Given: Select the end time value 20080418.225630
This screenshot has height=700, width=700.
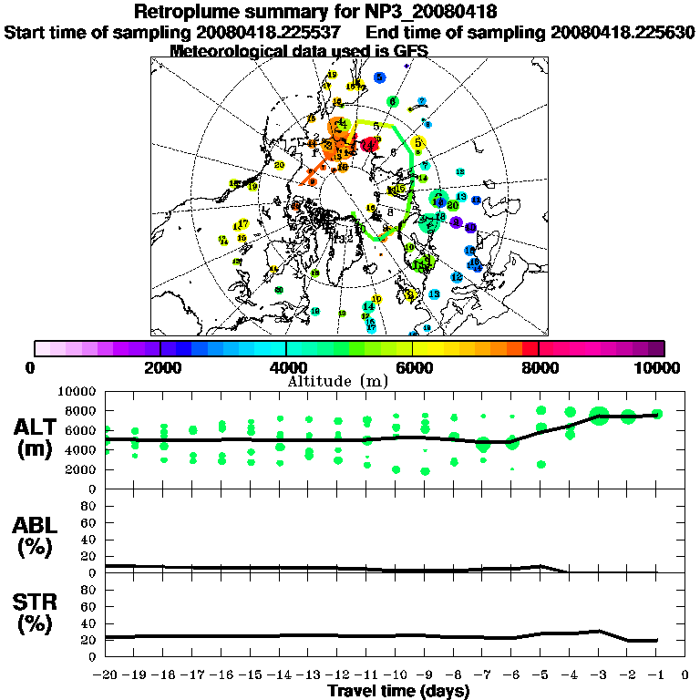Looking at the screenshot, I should click(623, 32).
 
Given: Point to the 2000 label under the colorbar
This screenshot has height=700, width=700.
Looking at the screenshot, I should click(160, 367).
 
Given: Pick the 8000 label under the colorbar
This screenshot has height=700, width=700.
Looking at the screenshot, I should click(539, 367).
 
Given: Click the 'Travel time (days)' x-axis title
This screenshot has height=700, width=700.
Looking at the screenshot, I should click(398, 691).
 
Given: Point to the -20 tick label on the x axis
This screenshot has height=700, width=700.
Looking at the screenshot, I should click(106, 675).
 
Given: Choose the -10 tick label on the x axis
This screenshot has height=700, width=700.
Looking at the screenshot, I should click(395, 675).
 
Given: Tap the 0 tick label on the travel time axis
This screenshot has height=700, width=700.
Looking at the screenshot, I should click(685, 675).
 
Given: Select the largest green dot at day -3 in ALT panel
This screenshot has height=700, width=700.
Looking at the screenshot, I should click(599, 416).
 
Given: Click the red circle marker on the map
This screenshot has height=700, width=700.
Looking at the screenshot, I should click(369, 145).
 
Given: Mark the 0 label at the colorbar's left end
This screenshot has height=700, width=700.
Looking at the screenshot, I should click(31, 367).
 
